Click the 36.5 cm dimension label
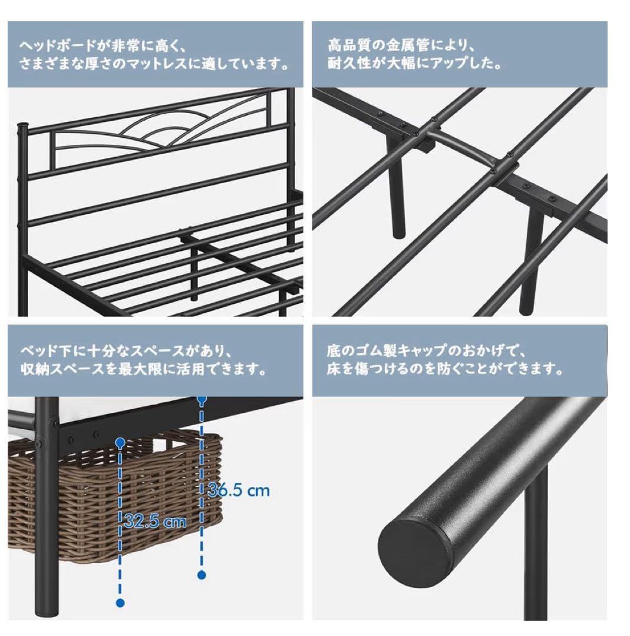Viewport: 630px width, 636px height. pos(239,491)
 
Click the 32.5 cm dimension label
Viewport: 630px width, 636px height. pos(156,521)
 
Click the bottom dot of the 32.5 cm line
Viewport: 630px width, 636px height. pos(120,603)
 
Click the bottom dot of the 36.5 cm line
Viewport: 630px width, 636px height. pos(202,575)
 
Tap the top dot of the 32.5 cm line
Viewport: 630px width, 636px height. pos(120,442)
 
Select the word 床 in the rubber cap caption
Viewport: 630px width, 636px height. pos(334,369)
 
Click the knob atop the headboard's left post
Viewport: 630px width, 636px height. pos(23,129)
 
